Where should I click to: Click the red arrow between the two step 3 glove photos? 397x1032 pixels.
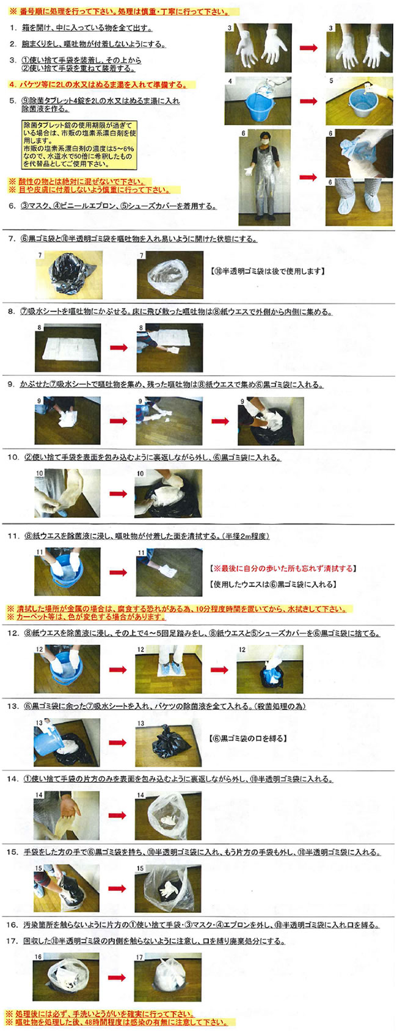tap(308, 48)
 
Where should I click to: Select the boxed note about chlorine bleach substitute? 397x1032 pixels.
tap(79, 145)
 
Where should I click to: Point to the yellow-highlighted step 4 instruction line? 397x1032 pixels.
tap(98, 85)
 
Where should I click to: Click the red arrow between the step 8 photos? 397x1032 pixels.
tap(118, 347)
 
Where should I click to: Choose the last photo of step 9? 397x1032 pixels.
tap(270, 421)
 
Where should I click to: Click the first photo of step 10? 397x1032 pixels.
tap(67, 493)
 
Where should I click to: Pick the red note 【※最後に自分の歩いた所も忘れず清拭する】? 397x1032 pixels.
tap(282, 568)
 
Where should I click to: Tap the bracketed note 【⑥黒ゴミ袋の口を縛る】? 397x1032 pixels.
tap(248, 738)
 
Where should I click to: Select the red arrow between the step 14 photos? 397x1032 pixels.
tap(118, 815)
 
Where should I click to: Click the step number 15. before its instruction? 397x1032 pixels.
tap(12, 852)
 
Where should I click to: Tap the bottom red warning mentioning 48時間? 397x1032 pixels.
tap(116, 1022)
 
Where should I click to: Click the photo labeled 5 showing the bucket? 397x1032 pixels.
tap(359, 101)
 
